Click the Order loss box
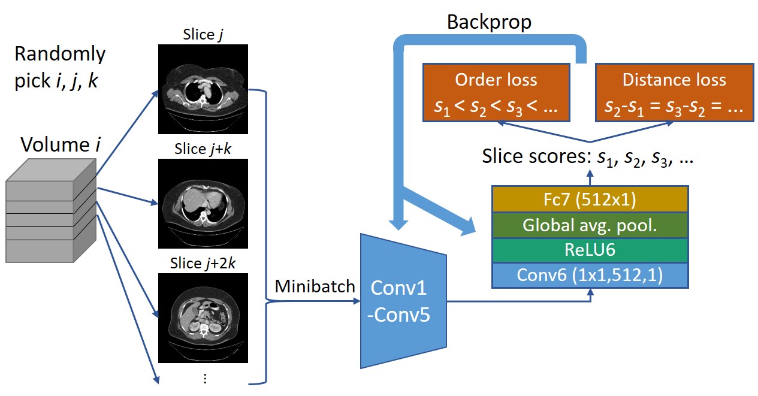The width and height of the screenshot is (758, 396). pyautogui.click(x=496, y=93)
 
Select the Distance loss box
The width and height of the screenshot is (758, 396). pyautogui.click(x=674, y=93)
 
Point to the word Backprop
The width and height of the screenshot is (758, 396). pyautogui.click(x=489, y=22)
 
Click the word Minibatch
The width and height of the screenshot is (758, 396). pyautogui.click(x=315, y=286)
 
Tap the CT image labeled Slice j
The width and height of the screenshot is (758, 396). pyautogui.click(x=203, y=89)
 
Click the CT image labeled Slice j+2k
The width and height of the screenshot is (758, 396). pyautogui.click(x=203, y=318)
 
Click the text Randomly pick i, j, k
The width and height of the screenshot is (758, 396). pyautogui.click(x=59, y=67)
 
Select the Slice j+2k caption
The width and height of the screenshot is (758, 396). pyautogui.click(x=203, y=264)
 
